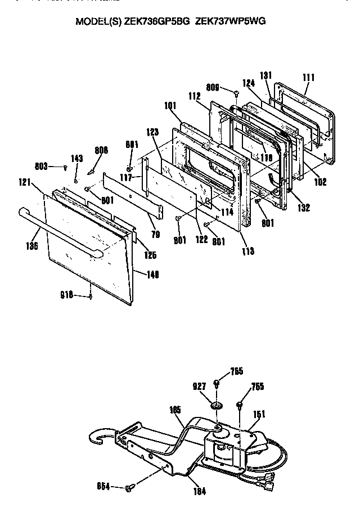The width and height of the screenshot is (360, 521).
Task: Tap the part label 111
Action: coord(309,77)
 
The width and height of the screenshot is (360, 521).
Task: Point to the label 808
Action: coord(101,150)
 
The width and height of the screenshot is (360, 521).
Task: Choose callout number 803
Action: coord(42,166)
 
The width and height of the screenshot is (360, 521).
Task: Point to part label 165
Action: coord(174,411)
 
